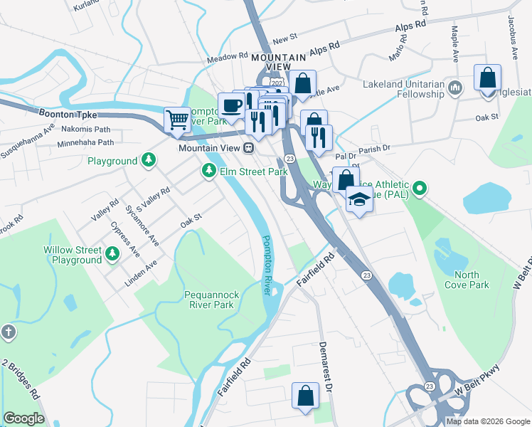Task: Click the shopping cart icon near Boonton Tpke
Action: point(176,120)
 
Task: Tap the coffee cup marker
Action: point(230,106)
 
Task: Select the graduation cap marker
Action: point(359,201)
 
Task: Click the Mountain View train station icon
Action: point(248,148)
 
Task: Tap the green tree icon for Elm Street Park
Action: point(209,171)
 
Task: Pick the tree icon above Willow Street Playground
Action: point(112,253)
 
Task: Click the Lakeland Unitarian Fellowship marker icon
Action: point(456,87)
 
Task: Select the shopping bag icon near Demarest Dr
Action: point(304,396)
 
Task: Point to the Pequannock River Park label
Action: point(199,300)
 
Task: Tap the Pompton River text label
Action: point(267,265)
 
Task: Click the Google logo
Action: point(23,418)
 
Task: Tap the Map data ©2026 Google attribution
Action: point(486,421)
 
